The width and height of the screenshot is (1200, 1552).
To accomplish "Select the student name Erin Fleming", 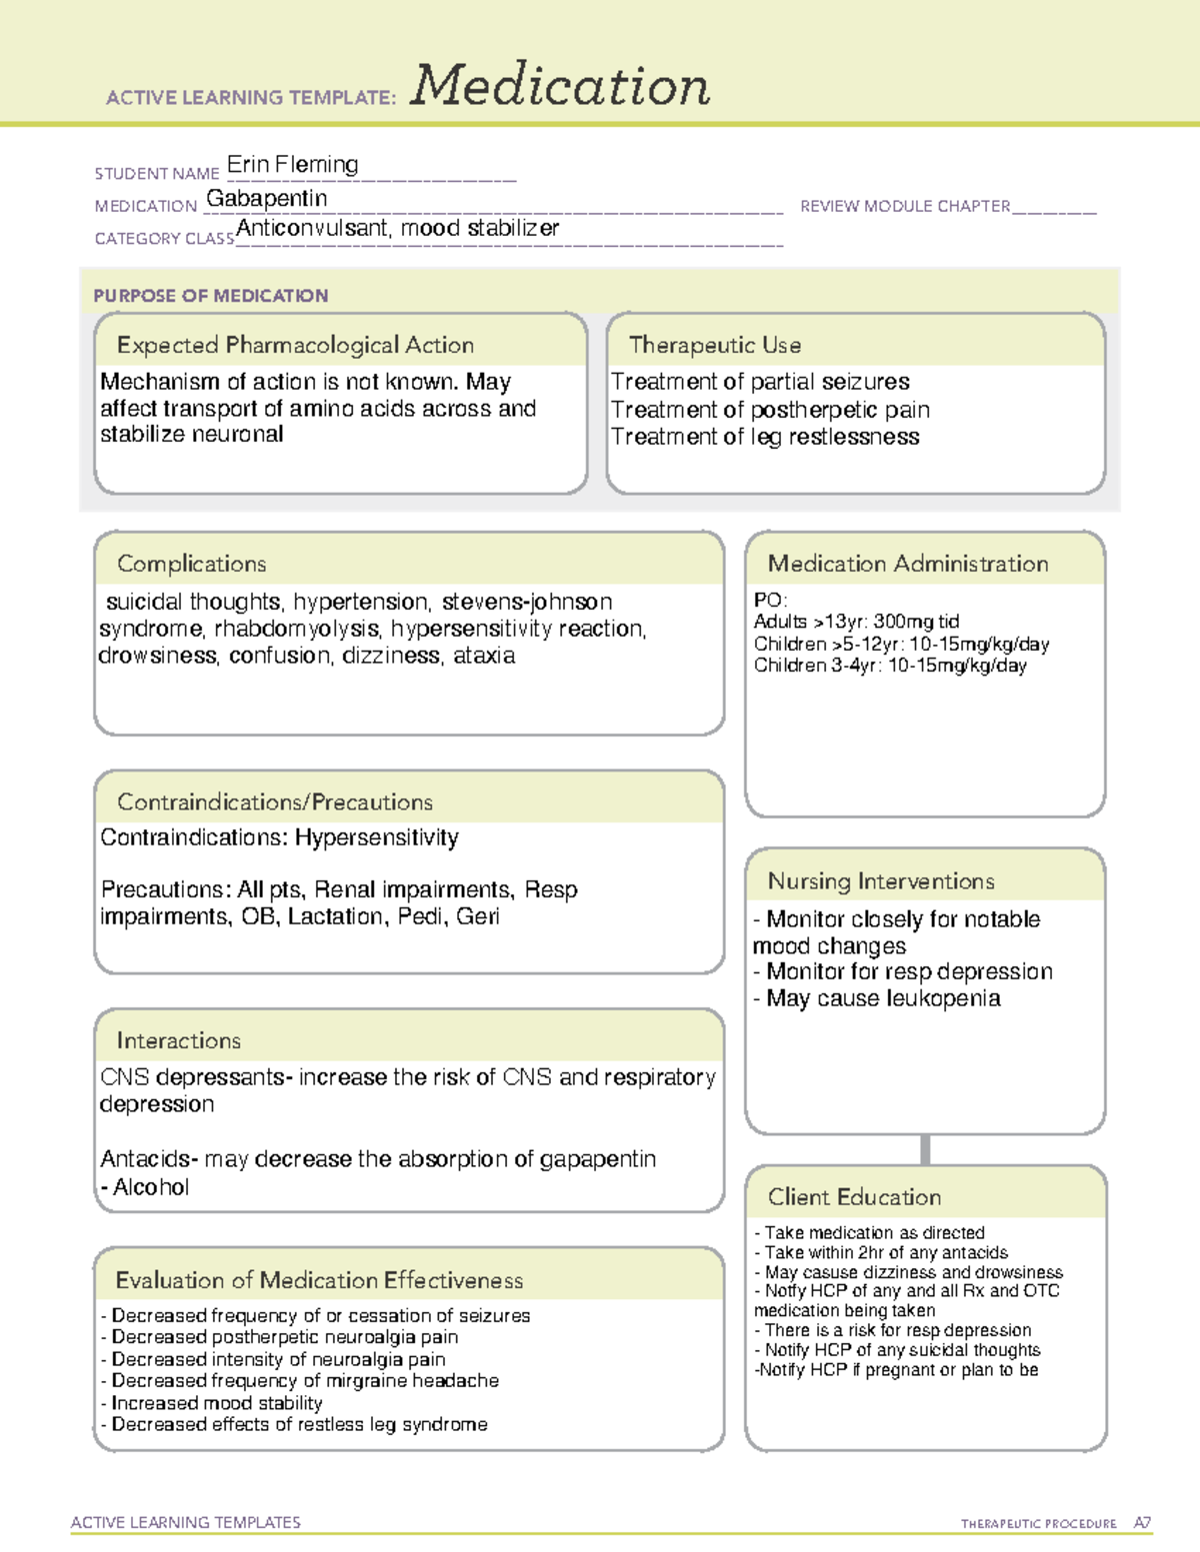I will pos(292,164).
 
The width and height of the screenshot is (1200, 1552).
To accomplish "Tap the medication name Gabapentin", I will pos(267,199).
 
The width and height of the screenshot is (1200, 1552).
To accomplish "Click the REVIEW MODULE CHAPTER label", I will pos(905,206).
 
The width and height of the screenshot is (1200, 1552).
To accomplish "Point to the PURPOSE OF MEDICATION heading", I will pos(211,296).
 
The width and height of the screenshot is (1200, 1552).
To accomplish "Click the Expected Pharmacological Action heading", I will pos(295,345).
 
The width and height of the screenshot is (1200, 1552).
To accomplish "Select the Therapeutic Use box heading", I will pos(715,345).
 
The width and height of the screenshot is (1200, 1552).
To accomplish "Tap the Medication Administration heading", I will pos(908,564).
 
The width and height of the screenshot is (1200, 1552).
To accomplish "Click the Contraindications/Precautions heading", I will pos(275,801).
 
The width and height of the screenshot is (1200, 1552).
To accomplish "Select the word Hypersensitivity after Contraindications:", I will pos(377,837).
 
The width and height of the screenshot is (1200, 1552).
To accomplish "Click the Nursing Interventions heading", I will pos(881,880).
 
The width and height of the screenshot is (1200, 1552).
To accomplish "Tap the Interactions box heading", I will pos(179,1040).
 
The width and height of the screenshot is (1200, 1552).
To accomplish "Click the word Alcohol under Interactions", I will pos(151,1187).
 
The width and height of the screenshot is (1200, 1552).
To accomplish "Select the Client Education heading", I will pos(855,1196).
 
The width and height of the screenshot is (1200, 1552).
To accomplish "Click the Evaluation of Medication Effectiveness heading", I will pos(319,1280).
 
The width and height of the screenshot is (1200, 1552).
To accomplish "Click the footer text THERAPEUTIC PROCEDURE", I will pos(1039,1524).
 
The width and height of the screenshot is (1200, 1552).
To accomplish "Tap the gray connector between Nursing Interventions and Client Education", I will pos(925,1149).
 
